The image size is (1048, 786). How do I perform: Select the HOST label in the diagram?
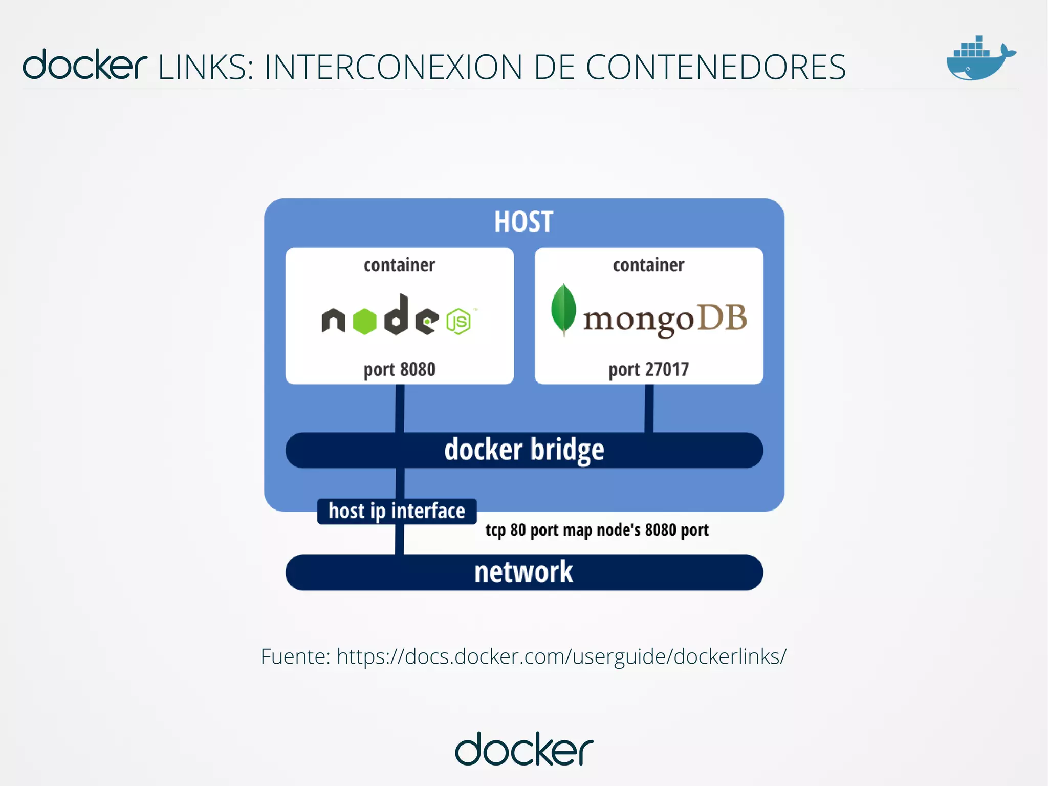(523, 222)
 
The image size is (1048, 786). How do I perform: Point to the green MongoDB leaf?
(563, 309)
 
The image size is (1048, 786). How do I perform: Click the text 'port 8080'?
(399, 369)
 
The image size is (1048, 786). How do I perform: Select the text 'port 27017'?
(648, 369)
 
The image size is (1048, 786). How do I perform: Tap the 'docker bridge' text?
(524, 450)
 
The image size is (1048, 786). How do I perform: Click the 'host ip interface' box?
(397, 511)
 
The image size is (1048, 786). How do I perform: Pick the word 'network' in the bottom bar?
(523, 572)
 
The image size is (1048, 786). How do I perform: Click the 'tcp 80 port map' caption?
(597, 530)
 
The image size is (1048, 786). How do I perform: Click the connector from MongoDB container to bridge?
(649, 408)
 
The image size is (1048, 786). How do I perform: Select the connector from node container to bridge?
(400, 408)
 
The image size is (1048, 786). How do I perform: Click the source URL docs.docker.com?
(561, 656)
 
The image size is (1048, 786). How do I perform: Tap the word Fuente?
(295, 656)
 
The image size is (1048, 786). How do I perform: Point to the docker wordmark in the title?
(85, 65)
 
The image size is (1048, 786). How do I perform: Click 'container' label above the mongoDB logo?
(648, 265)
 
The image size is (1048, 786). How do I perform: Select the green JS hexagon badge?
(458, 322)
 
